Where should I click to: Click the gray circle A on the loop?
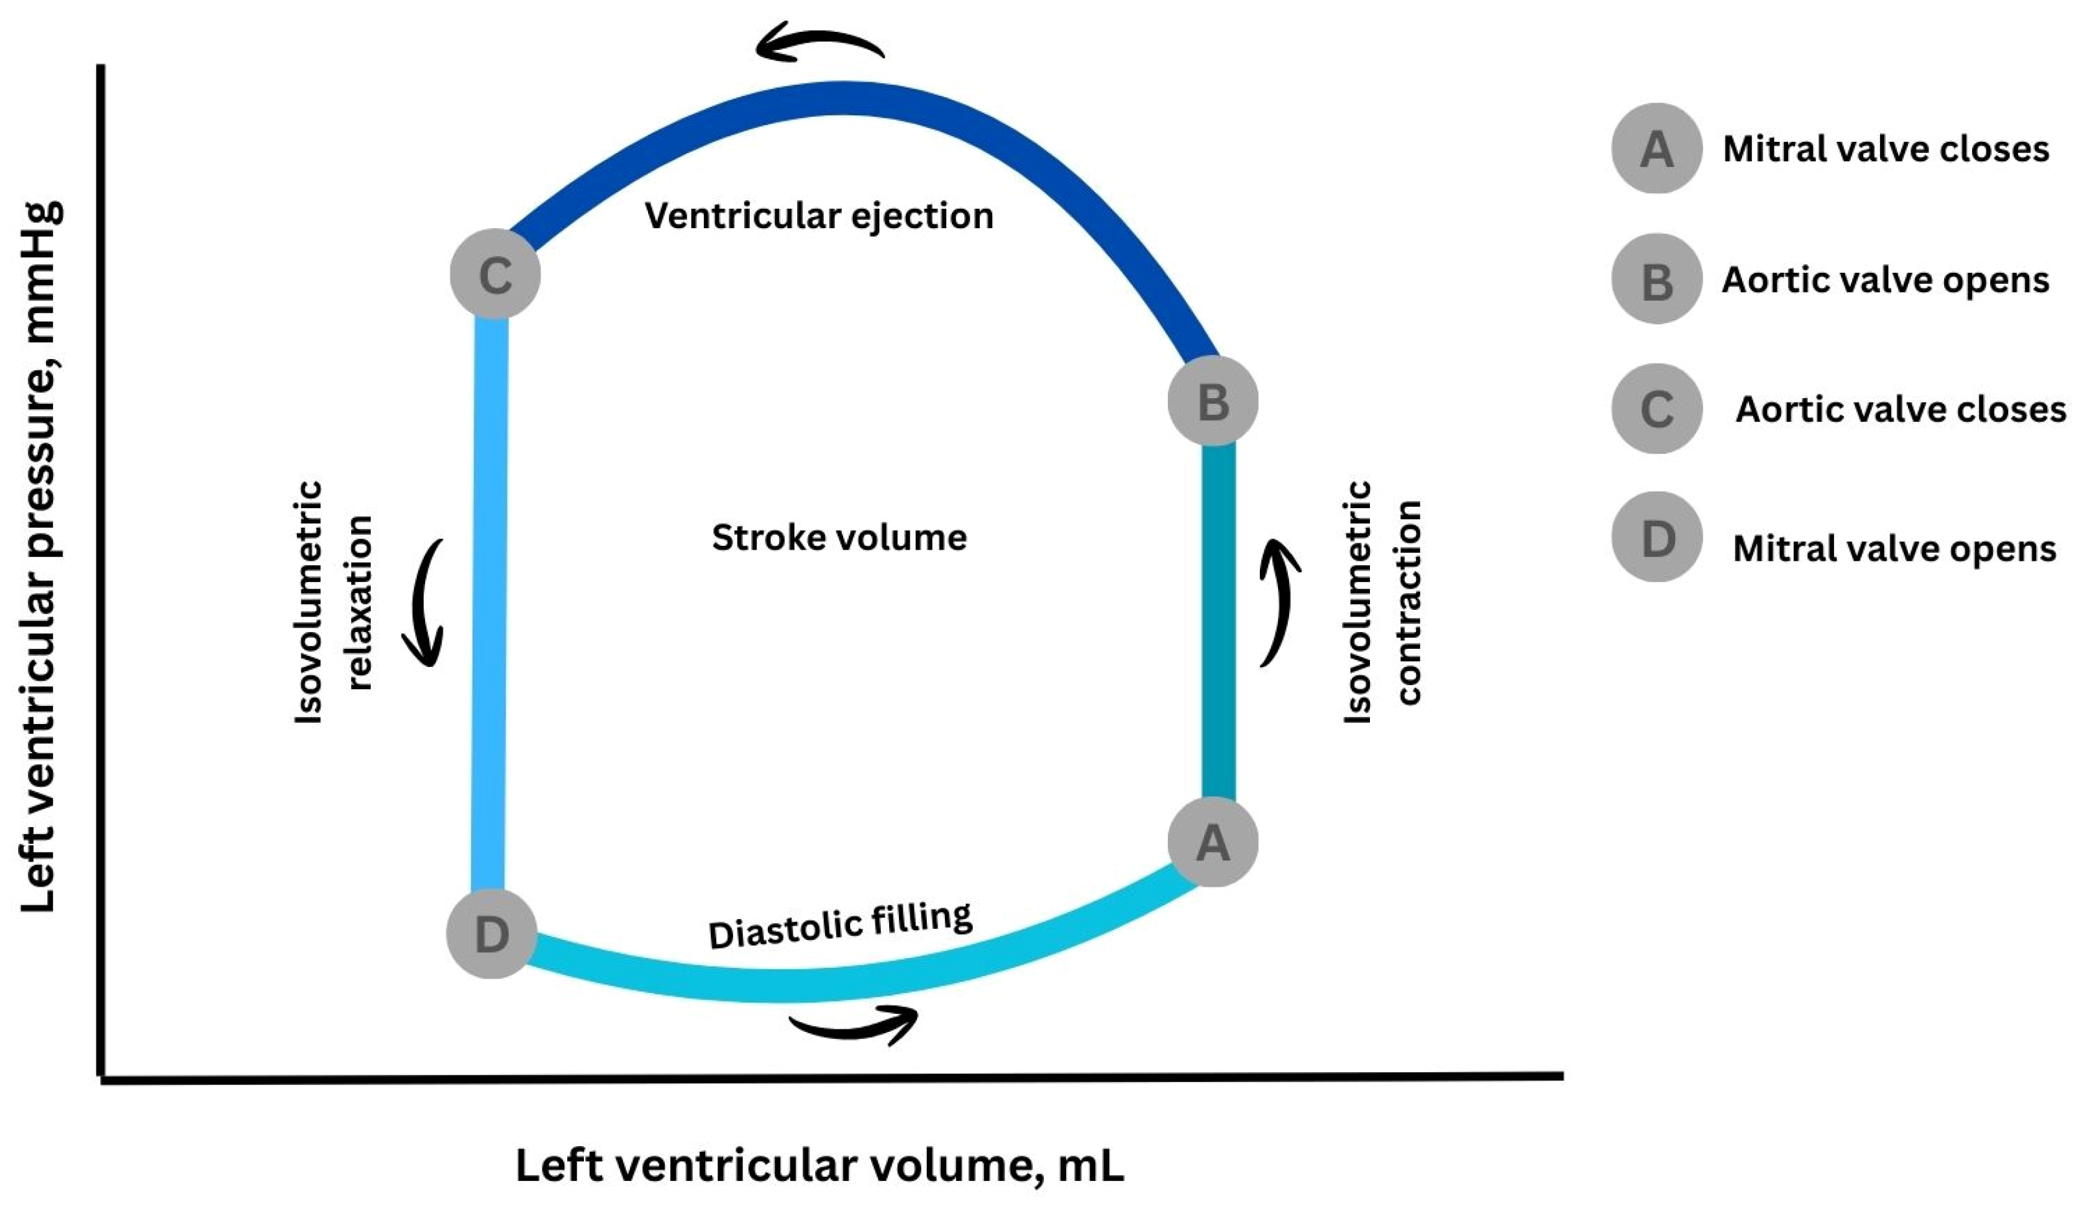pyautogui.click(x=1212, y=842)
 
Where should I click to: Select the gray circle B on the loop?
pyautogui.click(x=1212, y=401)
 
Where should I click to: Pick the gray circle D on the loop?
pyautogui.click(x=492, y=933)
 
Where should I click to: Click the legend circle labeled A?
pyautogui.click(x=1656, y=148)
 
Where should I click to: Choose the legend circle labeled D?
pyautogui.click(x=1656, y=537)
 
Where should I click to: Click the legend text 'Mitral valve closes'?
pyautogui.click(x=1886, y=149)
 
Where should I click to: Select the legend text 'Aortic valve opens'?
pyautogui.click(x=1885, y=281)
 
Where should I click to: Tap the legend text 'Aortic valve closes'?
pyautogui.click(x=1901, y=410)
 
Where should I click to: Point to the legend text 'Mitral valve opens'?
pyautogui.click(x=1894, y=549)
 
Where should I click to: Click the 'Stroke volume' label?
pyautogui.click(x=839, y=537)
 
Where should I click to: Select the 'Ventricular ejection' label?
pyautogui.click(x=819, y=216)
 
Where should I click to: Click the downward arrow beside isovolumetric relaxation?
pyautogui.click(x=430, y=603)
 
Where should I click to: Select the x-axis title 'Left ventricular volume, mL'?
pyautogui.click(x=820, y=1165)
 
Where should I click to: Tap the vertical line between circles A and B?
pyautogui.click(x=1218, y=622)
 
